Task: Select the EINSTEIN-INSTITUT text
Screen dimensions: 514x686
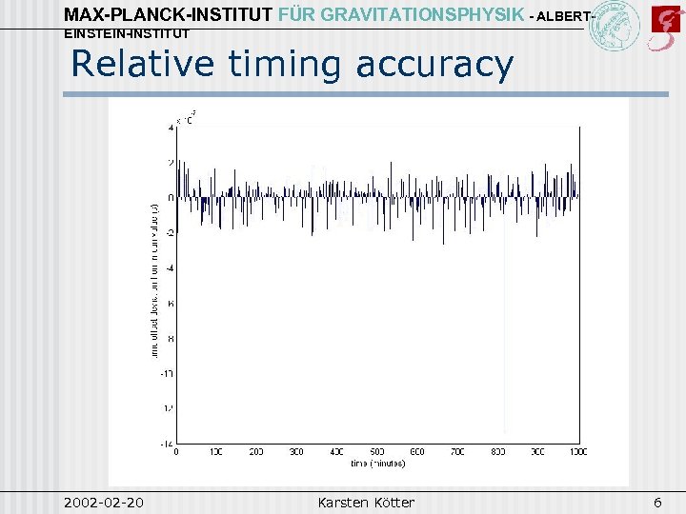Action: pyautogui.click(x=126, y=33)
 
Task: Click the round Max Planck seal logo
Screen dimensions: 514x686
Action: pyautogui.click(x=615, y=27)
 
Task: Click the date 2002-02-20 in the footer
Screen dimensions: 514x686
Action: pyautogui.click(x=105, y=501)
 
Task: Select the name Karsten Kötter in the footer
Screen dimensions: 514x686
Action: pyautogui.click(x=366, y=501)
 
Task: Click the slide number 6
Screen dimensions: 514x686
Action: pyautogui.click(x=656, y=501)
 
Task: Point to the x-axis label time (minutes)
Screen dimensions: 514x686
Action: pyautogui.click(x=377, y=464)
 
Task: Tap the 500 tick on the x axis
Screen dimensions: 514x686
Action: pyautogui.click(x=377, y=452)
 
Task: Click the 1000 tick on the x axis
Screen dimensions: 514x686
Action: pyautogui.click(x=577, y=452)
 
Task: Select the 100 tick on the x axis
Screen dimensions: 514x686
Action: pyautogui.click(x=215, y=452)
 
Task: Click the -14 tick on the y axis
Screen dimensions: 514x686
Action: pyautogui.click(x=167, y=444)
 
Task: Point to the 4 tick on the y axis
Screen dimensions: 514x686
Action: pyautogui.click(x=170, y=127)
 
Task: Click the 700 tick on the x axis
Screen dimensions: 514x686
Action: pyautogui.click(x=457, y=452)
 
